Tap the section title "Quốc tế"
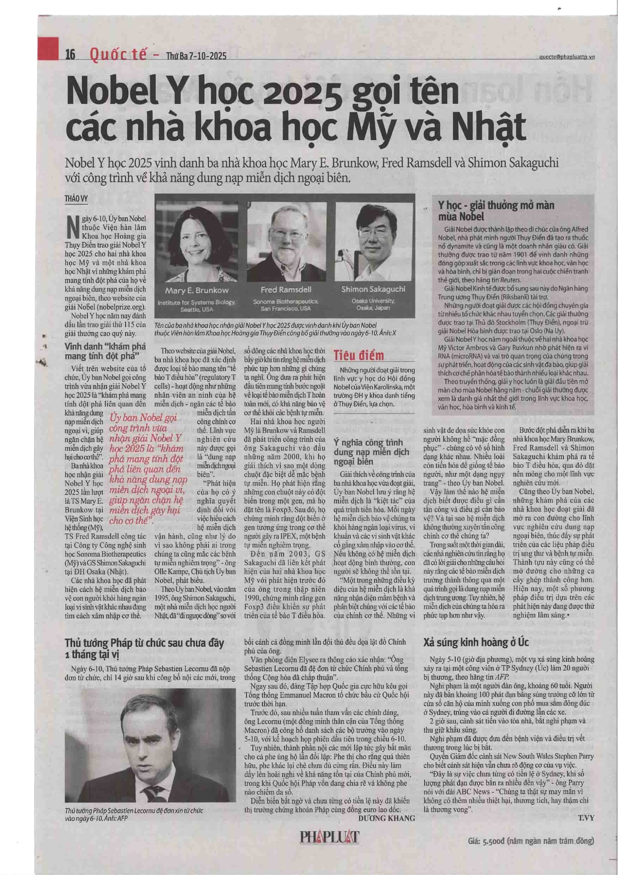pyautogui.click(x=119, y=55)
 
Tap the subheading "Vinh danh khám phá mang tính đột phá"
pyautogui.click(x=101, y=351)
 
